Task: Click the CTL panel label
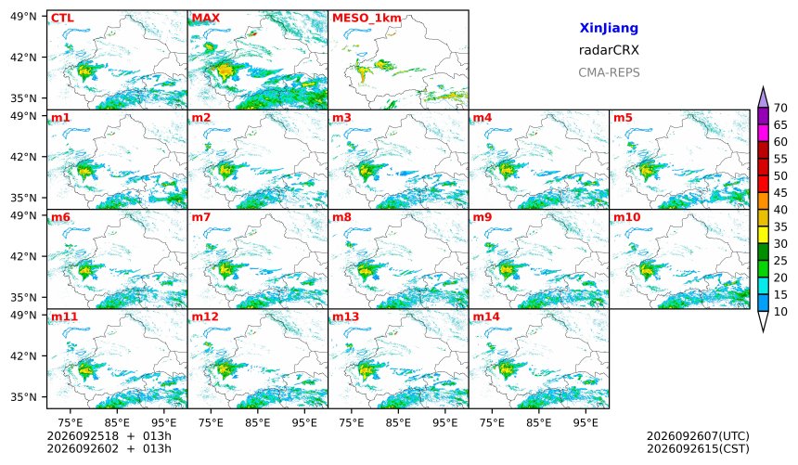(x=62, y=19)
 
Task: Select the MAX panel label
(x=206, y=19)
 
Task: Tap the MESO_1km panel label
(x=367, y=19)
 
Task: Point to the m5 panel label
(x=623, y=118)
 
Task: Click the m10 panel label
(x=626, y=217)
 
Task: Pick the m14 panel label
(x=486, y=316)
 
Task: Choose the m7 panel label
(x=201, y=217)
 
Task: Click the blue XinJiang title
(x=609, y=28)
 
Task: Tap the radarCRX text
(x=609, y=50)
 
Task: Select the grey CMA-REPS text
(x=609, y=72)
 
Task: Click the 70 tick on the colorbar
(x=780, y=108)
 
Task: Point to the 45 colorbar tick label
(x=780, y=193)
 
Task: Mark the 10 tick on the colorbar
(x=780, y=312)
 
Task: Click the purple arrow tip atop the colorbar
(x=763, y=87)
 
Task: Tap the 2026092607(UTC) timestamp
(x=698, y=436)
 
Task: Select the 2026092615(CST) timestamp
(x=698, y=448)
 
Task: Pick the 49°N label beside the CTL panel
(x=23, y=17)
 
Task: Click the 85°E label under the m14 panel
(x=539, y=422)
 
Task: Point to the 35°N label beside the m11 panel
(x=23, y=396)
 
